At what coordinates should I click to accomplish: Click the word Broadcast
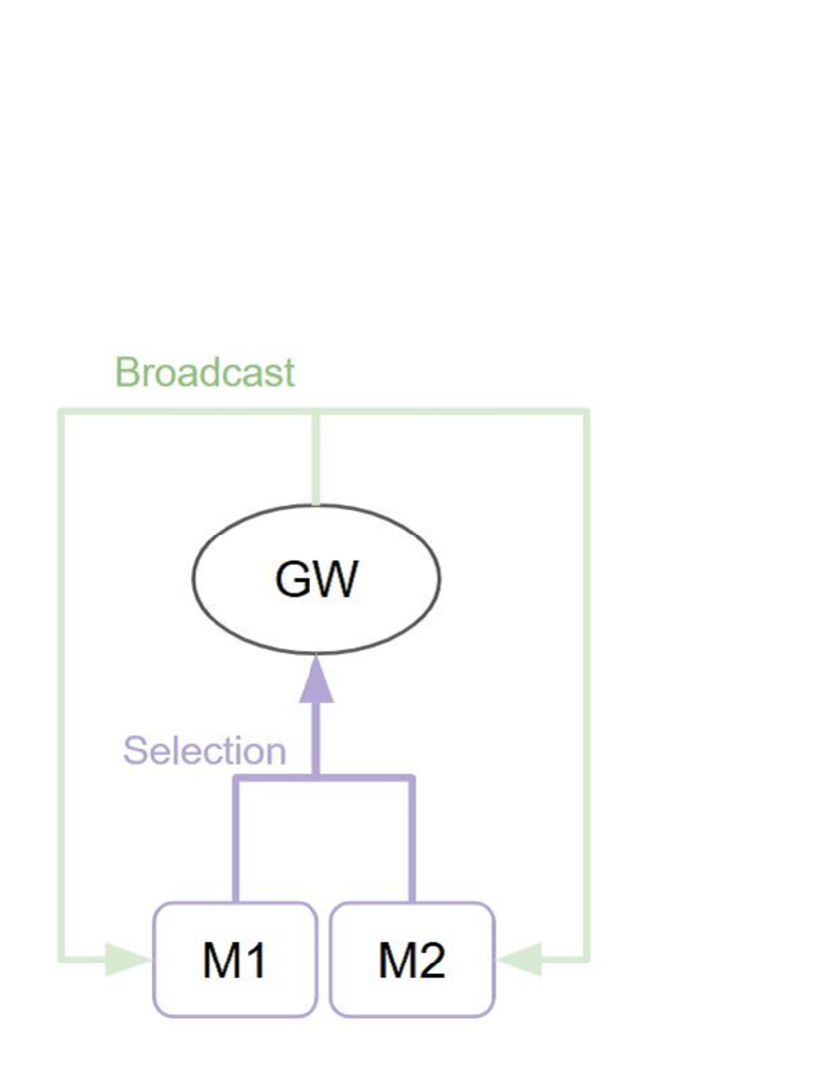point(205,373)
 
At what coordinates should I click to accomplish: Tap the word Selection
point(204,751)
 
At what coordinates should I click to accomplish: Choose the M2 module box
point(412,960)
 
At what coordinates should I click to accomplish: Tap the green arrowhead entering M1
point(131,961)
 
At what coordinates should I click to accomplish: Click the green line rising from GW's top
point(315,458)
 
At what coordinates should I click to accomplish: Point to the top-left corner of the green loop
point(62,411)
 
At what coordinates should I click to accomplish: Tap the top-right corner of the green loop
point(587,411)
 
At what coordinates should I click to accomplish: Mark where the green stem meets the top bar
point(315,411)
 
